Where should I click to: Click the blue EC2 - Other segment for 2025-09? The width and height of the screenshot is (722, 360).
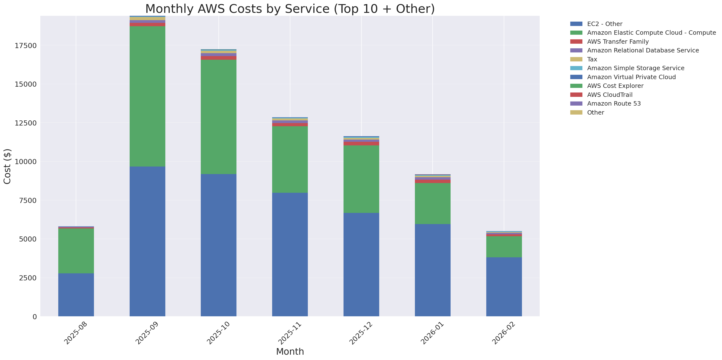(147, 241)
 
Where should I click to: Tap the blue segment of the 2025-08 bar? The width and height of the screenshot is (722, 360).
(76, 295)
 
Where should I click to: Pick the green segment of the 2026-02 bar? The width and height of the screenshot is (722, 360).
(504, 247)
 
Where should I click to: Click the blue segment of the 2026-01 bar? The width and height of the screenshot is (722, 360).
(432, 270)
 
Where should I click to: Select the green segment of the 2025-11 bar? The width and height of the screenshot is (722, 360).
(290, 159)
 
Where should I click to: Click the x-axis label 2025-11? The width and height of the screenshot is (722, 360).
(290, 333)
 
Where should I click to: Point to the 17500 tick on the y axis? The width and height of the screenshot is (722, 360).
(25, 46)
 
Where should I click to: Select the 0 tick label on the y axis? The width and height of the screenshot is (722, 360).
(34, 317)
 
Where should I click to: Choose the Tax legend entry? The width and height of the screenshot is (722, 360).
(592, 59)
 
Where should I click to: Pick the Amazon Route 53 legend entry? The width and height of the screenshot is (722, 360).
(613, 104)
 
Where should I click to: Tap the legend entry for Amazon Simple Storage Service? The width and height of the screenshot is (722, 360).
(635, 68)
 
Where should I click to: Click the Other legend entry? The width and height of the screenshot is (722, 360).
(595, 113)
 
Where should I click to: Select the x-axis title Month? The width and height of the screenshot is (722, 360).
(290, 352)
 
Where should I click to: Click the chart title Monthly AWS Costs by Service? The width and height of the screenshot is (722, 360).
(290, 9)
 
